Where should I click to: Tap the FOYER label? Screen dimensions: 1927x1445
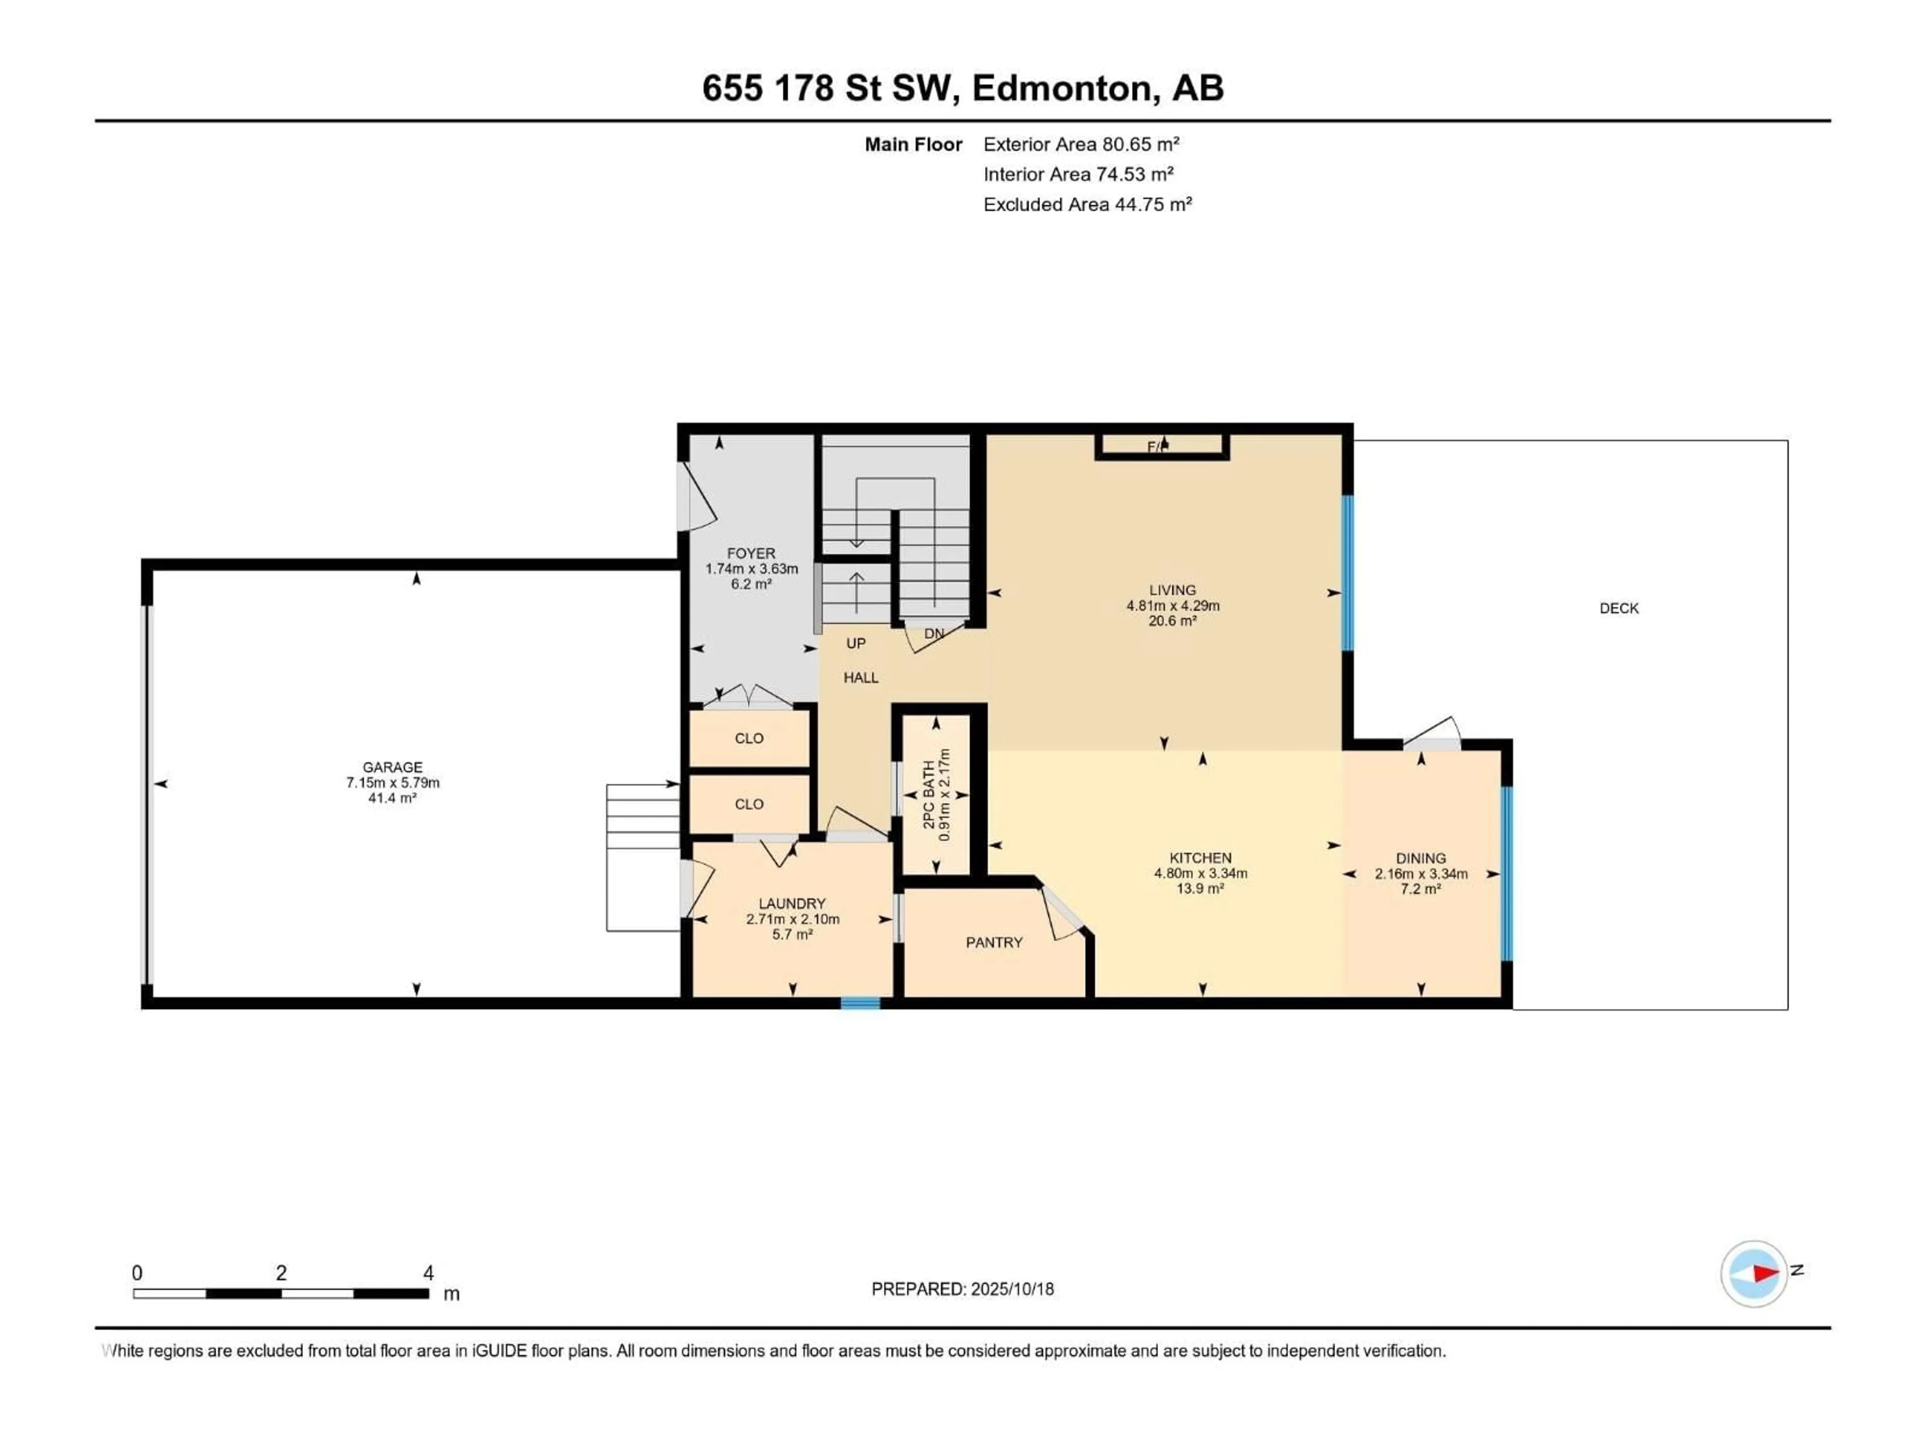click(751, 553)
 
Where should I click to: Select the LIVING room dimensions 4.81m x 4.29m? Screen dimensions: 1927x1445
click(1173, 606)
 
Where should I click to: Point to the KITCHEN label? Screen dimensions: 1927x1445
click(1200, 858)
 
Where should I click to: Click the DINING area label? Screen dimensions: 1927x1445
click(1421, 858)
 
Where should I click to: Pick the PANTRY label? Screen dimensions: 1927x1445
click(994, 942)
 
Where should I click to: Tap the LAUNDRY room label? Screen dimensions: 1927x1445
click(792, 903)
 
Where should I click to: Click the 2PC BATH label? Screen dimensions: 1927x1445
click(929, 794)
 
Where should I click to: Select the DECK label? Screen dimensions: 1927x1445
click(1618, 608)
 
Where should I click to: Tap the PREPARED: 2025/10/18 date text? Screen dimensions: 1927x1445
click(962, 1288)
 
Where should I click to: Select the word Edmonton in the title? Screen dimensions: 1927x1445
click(1065, 88)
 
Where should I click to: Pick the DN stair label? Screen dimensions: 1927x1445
click(934, 633)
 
